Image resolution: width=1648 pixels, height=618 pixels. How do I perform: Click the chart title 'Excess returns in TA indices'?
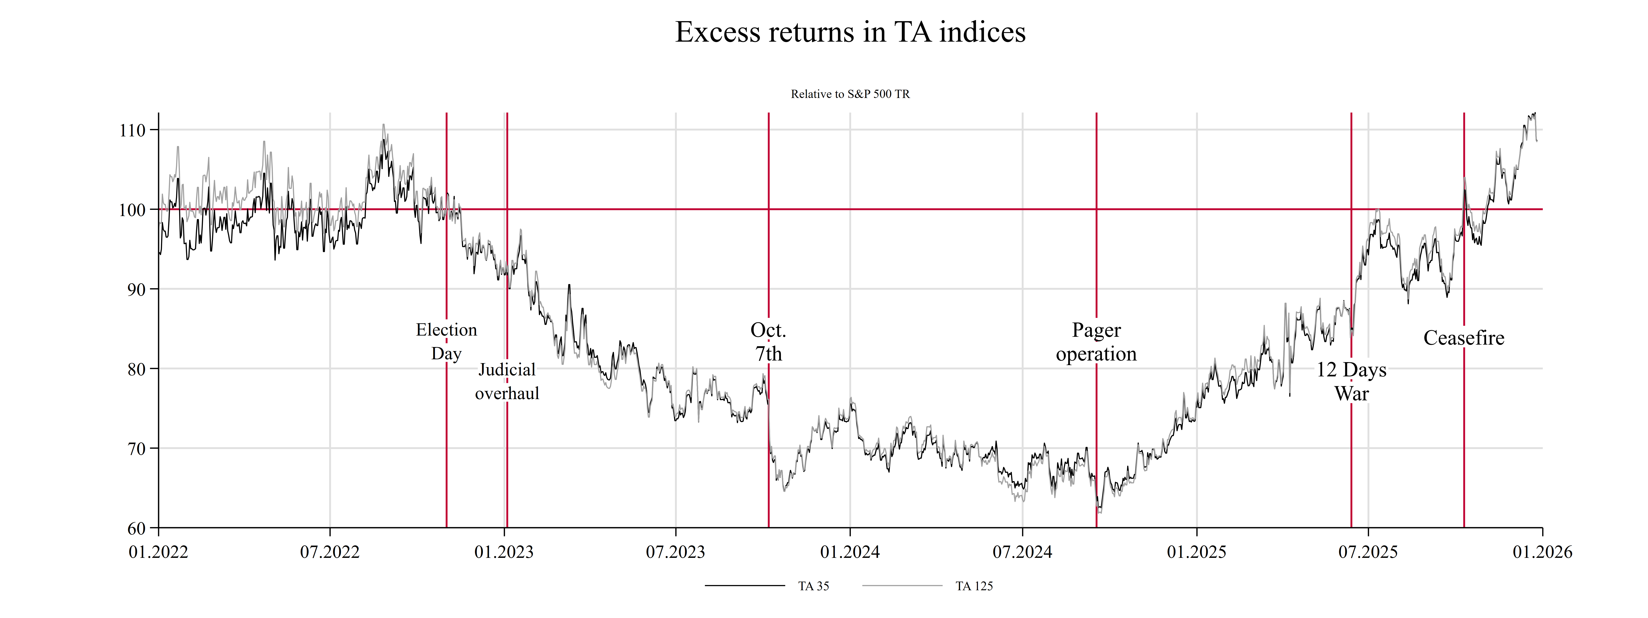(x=850, y=32)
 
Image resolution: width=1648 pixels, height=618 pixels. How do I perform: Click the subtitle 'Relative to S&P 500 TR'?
(x=850, y=94)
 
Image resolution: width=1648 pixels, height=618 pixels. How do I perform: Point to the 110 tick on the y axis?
(x=132, y=131)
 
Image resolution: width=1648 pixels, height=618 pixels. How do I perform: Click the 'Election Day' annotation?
(x=447, y=342)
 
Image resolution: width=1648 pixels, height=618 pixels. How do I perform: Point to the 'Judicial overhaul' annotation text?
(x=507, y=381)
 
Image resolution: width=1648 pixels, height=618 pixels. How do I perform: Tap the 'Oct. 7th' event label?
(x=768, y=342)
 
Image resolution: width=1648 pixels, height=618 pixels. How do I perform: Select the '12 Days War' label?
(x=1351, y=381)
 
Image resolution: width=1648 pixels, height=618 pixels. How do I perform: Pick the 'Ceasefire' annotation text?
(x=1464, y=338)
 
